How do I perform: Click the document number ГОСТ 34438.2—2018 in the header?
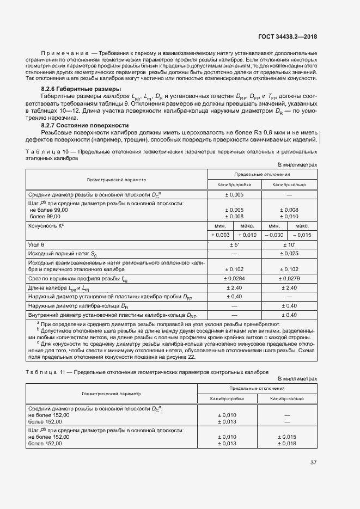[288, 37]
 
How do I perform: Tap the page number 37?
[313, 463]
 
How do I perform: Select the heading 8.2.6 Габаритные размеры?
[81, 89]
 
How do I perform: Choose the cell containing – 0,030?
[275, 235]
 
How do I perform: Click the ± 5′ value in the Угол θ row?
[234, 245]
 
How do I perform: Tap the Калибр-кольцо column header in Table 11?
[288, 399]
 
